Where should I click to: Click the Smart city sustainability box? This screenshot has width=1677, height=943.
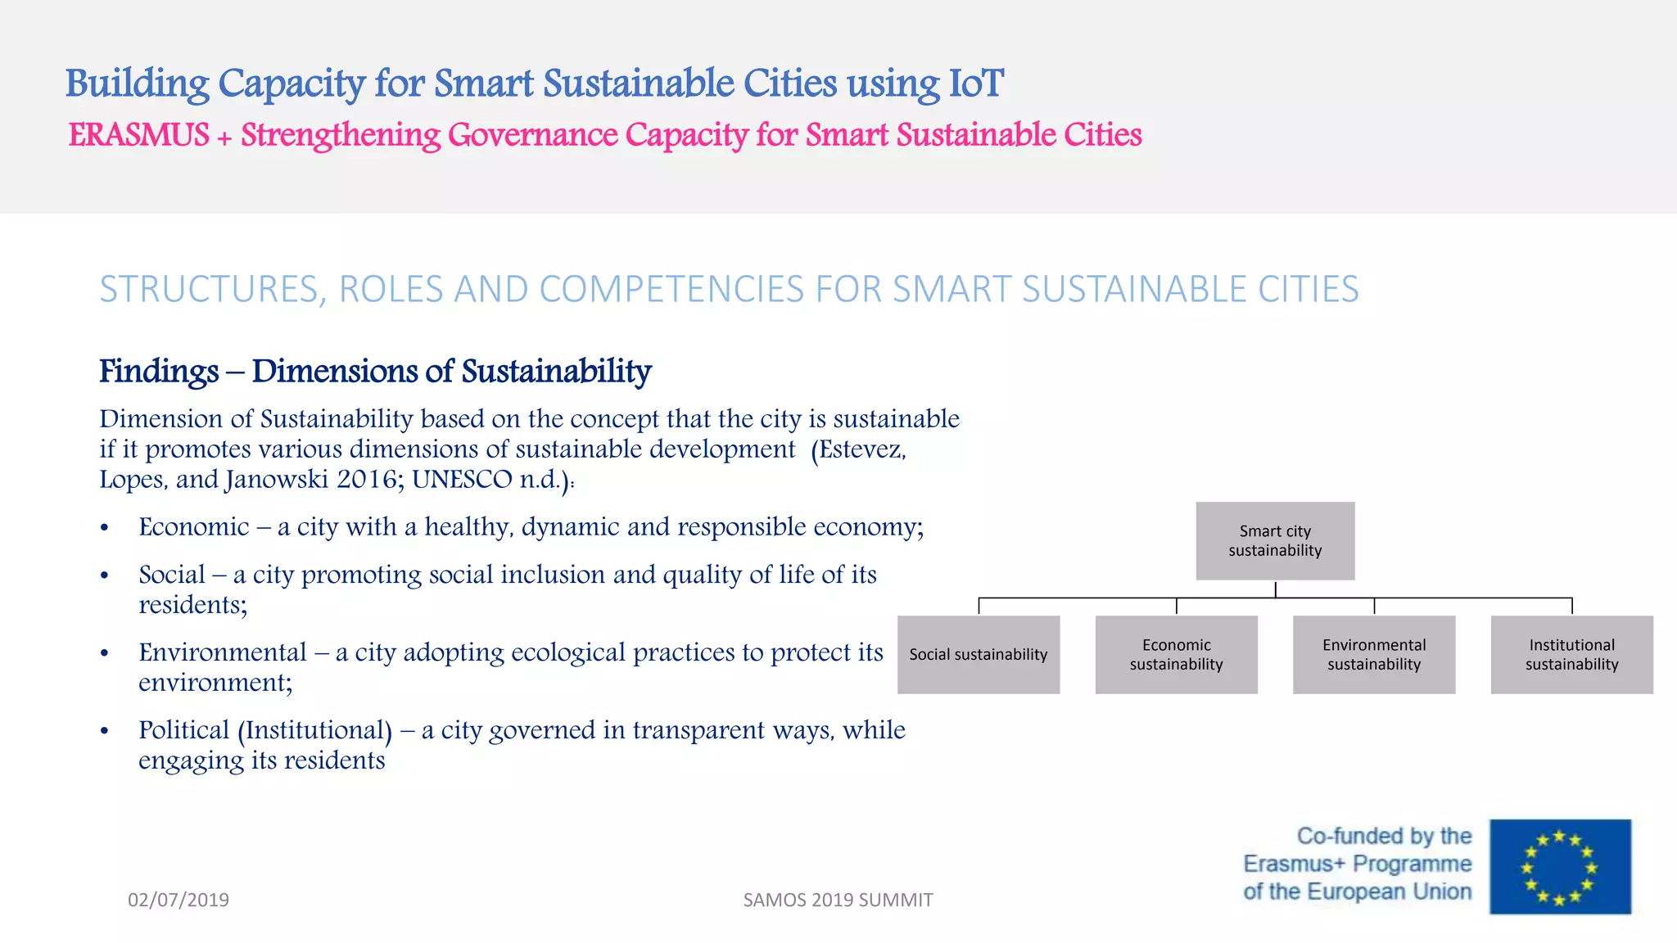click(1275, 541)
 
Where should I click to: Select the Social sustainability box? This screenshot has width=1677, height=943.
click(979, 655)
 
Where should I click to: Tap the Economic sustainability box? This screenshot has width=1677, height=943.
click(1176, 655)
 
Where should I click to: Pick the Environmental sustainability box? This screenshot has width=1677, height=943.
click(1374, 655)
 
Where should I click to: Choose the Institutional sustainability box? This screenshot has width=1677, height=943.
click(1571, 655)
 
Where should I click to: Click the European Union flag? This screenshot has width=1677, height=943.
click(1560, 867)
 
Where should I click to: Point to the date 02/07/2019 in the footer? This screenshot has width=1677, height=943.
click(179, 900)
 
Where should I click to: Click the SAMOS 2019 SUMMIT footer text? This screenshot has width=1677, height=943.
click(838, 900)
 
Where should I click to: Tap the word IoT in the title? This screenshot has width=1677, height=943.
click(975, 83)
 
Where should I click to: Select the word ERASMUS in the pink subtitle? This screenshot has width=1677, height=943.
click(138, 135)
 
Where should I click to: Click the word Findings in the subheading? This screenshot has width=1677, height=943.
click(159, 371)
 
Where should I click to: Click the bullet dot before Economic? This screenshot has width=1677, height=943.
click(104, 529)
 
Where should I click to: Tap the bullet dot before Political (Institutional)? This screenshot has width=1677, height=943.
click(104, 732)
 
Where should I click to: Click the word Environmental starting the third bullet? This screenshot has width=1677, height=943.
click(222, 652)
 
